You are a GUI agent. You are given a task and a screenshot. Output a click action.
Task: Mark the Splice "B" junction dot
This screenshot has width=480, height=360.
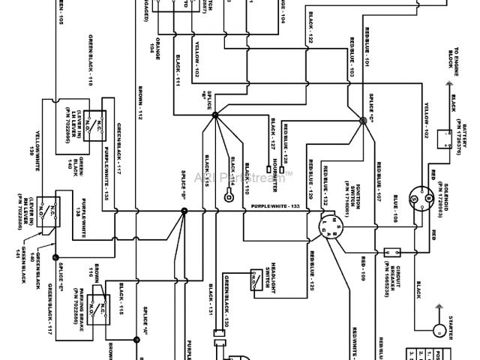coord(215,115)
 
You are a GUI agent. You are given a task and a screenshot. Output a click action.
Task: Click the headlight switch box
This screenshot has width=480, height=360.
coord(256,279)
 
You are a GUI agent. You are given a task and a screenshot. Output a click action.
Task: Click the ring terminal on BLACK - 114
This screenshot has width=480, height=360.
coord(227,197)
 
